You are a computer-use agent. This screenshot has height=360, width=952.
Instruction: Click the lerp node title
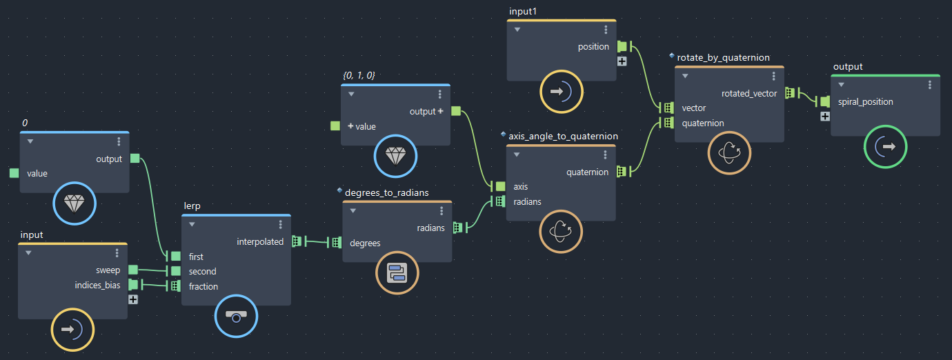pyautogui.click(x=192, y=206)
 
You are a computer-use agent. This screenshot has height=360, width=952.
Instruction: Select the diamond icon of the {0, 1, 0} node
pyautogui.click(x=396, y=156)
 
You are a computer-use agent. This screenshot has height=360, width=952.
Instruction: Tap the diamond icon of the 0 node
pyautogui.click(x=75, y=203)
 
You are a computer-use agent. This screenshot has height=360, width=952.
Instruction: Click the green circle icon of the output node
pyautogui.click(x=885, y=147)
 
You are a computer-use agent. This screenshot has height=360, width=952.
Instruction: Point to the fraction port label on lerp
pyautogui.click(x=203, y=286)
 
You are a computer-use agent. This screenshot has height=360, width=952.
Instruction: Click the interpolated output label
pyautogui.click(x=260, y=242)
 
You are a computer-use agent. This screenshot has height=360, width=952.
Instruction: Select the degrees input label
pyautogui.click(x=365, y=243)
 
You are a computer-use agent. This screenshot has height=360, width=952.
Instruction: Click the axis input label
pyautogui.click(x=521, y=187)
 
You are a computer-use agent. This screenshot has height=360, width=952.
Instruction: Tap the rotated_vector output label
pyautogui.click(x=749, y=94)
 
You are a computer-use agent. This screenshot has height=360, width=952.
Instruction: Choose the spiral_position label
pyautogui.click(x=865, y=102)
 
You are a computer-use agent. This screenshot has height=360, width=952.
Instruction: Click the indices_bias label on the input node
pyautogui.click(x=97, y=286)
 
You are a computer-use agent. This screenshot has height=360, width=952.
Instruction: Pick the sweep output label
pyautogui.click(x=108, y=270)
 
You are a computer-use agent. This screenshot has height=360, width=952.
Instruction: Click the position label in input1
pyautogui.click(x=593, y=47)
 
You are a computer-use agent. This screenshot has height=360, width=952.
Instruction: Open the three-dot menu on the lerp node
pyautogui.click(x=281, y=224)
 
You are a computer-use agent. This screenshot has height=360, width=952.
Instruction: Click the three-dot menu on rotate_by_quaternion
pyautogui.click(x=773, y=76)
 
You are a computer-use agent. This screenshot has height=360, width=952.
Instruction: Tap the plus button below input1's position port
pyautogui.click(x=622, y=61)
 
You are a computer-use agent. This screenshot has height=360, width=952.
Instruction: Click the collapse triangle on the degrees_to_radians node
pyautogui.click(x=353, y=211)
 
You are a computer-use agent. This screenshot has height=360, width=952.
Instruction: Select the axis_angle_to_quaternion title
pyautogui.click(x=563, y=136)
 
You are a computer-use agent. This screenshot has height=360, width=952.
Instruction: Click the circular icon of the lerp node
pyautogui.click(x=237, y=317)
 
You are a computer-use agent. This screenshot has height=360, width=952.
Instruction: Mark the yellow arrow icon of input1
pyautogui.click(x=562, y=92)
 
